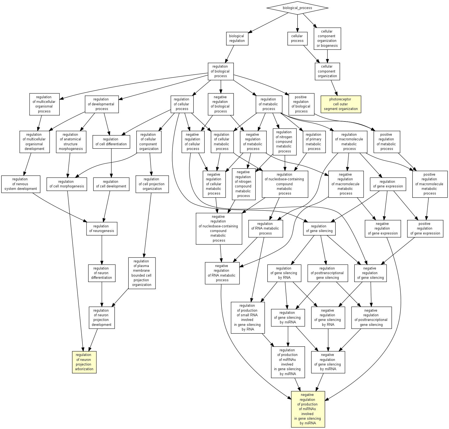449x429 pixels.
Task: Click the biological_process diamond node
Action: pos(297,8)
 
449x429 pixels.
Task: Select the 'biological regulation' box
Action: pos(237,39)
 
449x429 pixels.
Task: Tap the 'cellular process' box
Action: pos(297,39)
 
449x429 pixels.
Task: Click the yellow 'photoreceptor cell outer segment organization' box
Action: pos(341,104)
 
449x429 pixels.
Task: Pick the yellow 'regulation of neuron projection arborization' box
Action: pos(84,362)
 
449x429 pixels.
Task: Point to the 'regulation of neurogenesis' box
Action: pos(102,228)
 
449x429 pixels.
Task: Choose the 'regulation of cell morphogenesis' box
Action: pos(67,184)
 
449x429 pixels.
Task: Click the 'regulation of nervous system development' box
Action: pos(21,184)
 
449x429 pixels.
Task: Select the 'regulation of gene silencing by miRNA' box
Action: pos(287,317)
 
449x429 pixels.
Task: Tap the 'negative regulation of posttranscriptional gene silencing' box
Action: pos(371,317)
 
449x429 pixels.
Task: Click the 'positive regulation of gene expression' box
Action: pos(425,228)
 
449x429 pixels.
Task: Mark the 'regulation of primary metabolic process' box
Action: pos(314,142)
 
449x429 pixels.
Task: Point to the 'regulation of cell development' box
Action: pos(111,184)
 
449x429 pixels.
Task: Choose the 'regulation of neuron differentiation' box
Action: pos(102,273)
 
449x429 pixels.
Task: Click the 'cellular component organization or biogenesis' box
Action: pos(327,39)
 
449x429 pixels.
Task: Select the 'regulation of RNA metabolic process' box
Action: pos(265,228)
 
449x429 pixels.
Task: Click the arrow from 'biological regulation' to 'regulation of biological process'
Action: pos(230,54)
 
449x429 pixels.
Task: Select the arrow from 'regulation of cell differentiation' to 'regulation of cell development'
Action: pos(111,163)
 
